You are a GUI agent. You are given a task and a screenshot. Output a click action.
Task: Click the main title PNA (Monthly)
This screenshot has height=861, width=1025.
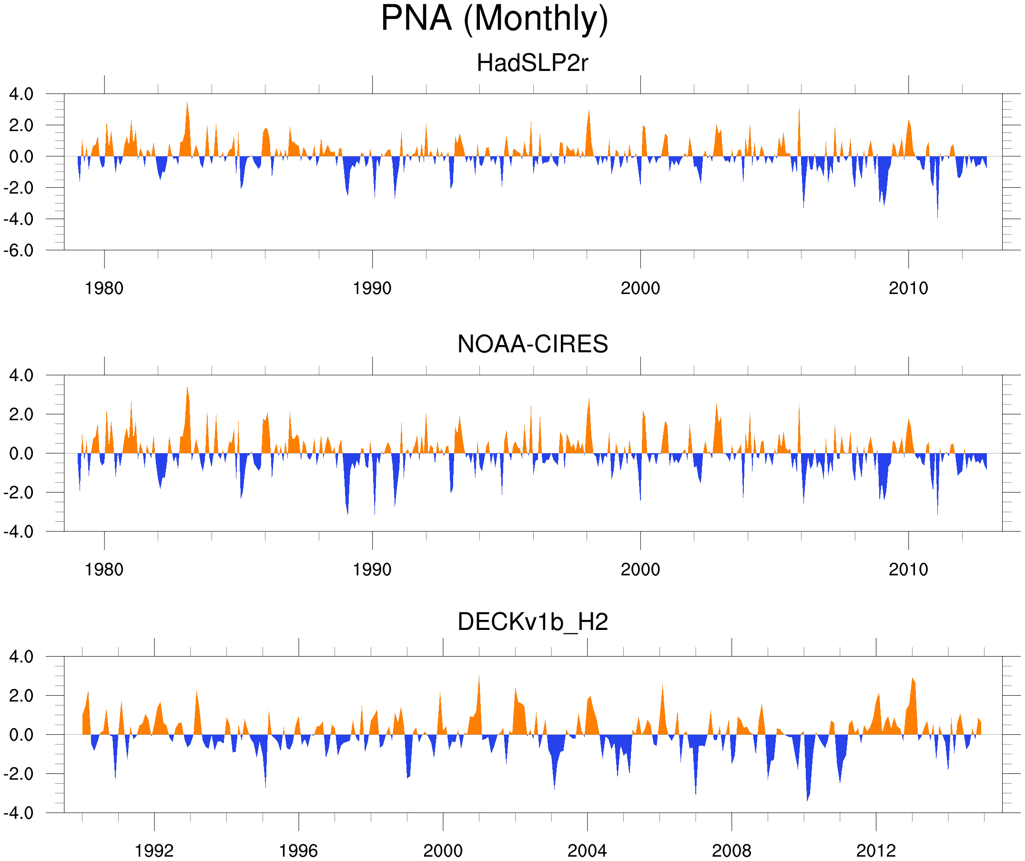pos(494,19)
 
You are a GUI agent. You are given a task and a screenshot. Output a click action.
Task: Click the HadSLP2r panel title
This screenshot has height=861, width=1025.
pos(532,63)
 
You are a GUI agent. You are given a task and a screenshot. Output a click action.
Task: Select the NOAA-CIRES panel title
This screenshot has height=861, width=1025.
pos(532,344)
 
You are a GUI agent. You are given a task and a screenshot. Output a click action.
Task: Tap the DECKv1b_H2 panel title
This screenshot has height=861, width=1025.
pos(532,622)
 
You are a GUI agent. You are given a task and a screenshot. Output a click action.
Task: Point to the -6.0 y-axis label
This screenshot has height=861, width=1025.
pos(19,251)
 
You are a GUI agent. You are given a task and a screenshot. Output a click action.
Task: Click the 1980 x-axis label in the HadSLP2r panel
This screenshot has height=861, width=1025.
pos(104,288)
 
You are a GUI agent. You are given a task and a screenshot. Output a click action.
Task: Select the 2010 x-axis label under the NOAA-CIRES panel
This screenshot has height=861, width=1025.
pos(908,569)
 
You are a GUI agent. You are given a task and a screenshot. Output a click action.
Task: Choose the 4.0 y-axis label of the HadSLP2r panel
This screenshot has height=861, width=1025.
pos(21,94)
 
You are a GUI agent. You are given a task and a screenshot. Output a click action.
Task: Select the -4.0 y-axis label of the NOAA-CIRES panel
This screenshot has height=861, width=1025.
pos(19,532)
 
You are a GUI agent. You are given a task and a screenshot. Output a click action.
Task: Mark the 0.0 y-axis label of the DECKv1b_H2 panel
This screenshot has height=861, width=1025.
pos(21,735)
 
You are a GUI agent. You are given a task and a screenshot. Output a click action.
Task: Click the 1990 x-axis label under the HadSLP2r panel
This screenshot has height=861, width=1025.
pos(372,288)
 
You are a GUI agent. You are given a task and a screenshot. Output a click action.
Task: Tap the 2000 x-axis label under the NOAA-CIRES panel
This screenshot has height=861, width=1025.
pos(640,569)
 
